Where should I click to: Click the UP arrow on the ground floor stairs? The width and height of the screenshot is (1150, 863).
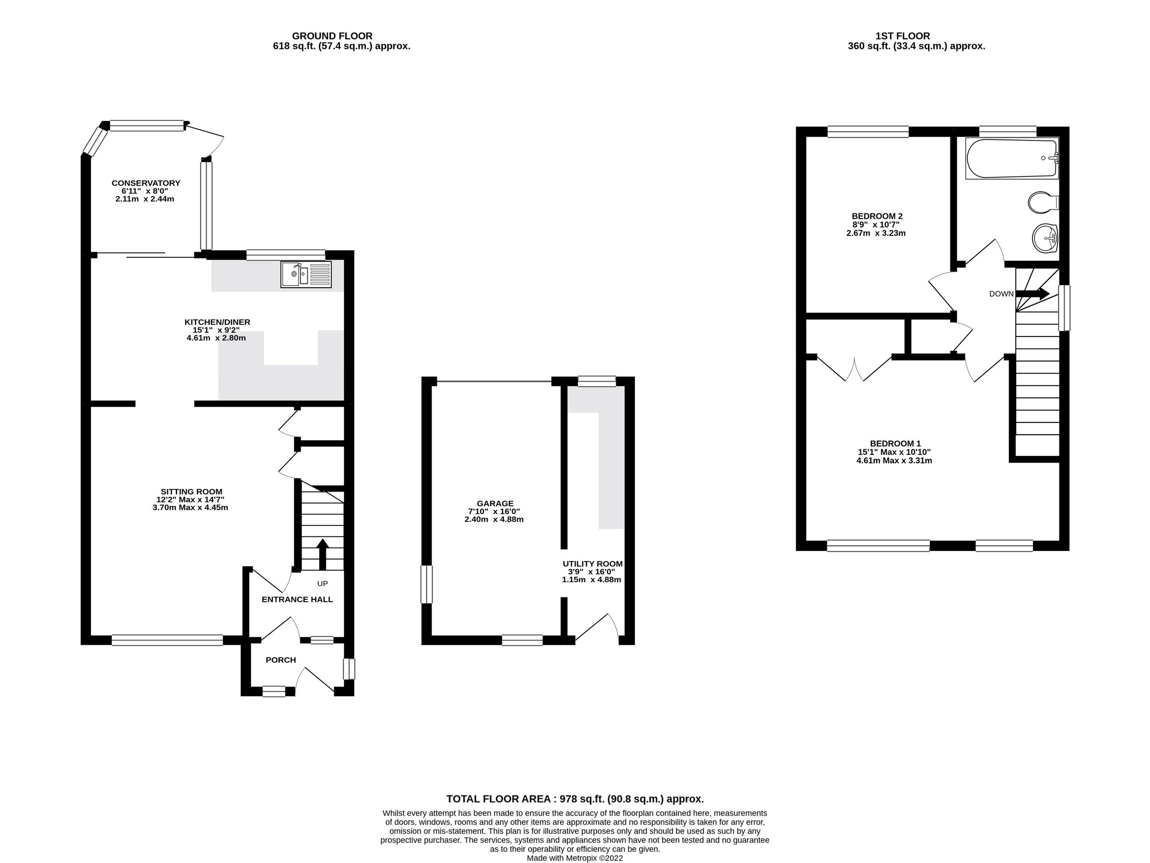322,555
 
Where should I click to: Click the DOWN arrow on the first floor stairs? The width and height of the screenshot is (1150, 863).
1032,293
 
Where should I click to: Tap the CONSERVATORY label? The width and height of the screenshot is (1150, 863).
146,183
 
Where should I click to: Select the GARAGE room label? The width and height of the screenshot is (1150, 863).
495,503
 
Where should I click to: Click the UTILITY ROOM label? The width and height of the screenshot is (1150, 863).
592,563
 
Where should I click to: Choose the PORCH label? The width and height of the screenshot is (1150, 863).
281,660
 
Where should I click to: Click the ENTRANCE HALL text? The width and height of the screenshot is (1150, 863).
297,599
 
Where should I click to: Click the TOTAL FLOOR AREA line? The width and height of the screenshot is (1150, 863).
575,799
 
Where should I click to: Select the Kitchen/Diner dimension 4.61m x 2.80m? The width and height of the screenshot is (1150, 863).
216,338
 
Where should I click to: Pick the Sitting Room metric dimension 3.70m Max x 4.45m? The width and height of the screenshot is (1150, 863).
190,507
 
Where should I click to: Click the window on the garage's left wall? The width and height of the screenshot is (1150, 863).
426,584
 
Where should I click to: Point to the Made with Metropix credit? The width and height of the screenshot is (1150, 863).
575,858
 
